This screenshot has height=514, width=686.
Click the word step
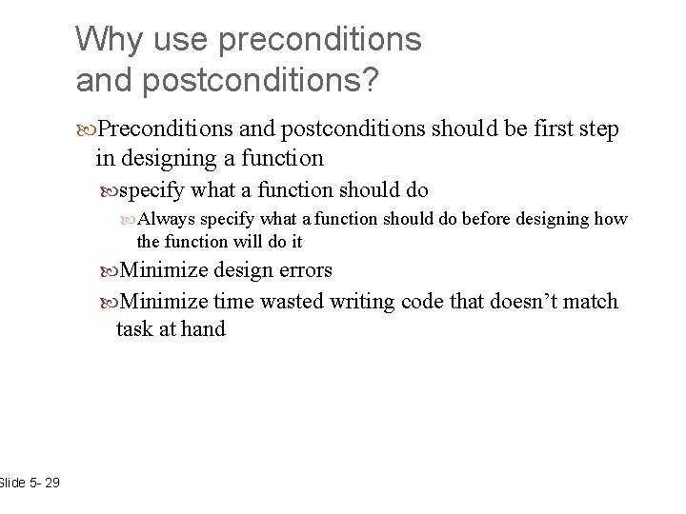pos(598,128)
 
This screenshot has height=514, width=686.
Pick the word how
pos(611,220)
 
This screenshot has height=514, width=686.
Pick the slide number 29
pos(50,484)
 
